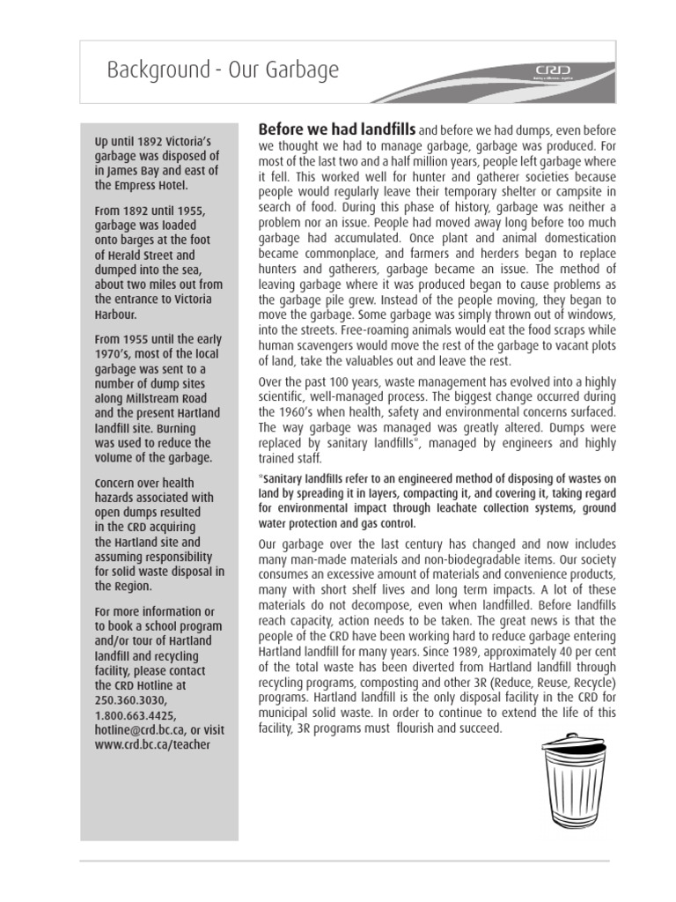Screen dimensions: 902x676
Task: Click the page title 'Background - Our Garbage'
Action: (x=222, y=70)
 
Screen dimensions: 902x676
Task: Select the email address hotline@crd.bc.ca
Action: (x=140, y=729)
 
